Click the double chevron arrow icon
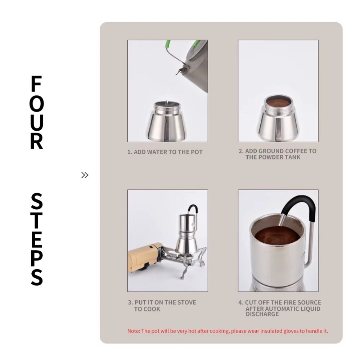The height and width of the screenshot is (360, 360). point(85,175)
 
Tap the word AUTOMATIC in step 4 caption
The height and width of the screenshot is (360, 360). point(284,309)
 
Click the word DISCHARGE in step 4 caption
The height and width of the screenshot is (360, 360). point(262,314)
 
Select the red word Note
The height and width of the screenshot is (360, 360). point(133,331)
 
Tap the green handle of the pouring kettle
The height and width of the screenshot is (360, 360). point(168,45)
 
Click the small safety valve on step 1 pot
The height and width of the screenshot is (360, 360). point(167,121)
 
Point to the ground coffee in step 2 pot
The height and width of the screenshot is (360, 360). point(278,102)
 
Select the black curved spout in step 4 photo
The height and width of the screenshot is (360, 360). point(298,208)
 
